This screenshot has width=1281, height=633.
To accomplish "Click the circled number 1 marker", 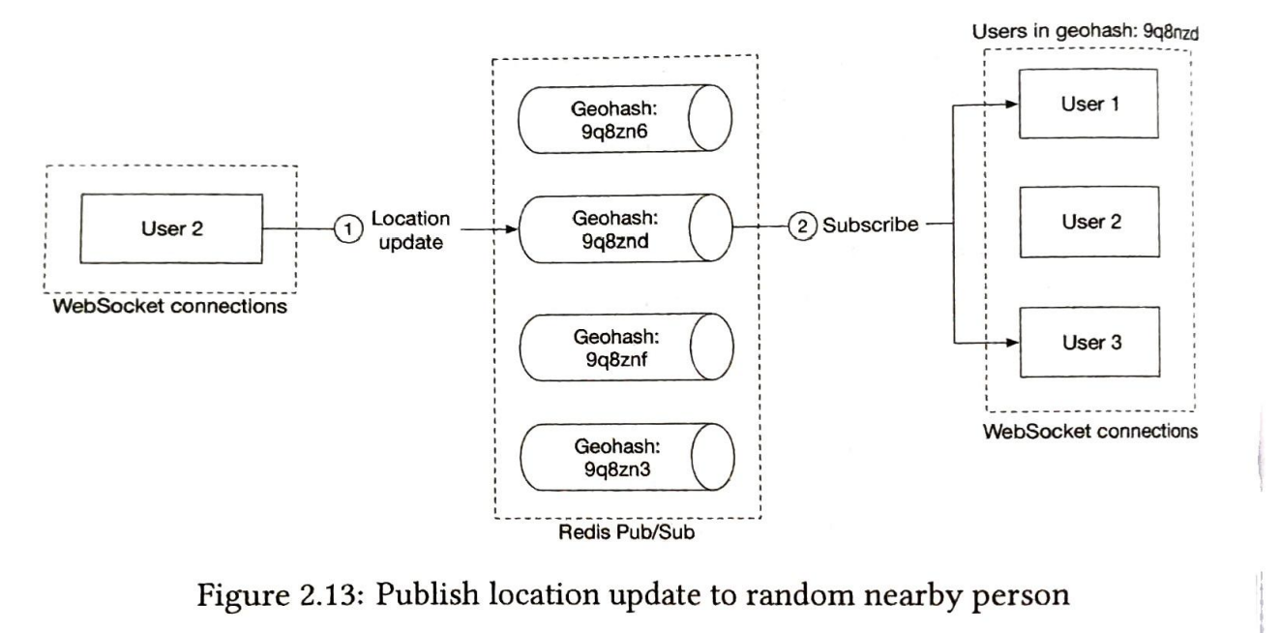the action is coord(348,229).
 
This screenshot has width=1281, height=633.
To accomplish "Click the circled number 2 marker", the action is coord(802,226).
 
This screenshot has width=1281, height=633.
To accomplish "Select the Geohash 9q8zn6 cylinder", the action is coord(625,119).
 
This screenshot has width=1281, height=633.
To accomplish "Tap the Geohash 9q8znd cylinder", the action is coord(626,229).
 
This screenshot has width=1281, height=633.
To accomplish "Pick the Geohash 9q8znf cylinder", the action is coord(627,347).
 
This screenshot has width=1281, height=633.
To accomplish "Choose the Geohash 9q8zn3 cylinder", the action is coord(627,457).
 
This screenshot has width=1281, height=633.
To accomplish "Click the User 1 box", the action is coord(1088,104).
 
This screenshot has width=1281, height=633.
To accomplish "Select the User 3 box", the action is coord(1090,343).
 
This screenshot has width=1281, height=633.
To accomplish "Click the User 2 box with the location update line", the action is coord(171,229).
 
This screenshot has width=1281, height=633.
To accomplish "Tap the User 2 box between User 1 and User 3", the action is coord(1090,222).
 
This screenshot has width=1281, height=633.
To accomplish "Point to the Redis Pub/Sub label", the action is coord(626,532).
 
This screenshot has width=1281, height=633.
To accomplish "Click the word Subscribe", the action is coord(871,225).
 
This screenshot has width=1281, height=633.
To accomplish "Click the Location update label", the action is coord(410,230).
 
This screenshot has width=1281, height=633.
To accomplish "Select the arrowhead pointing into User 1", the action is coord(1012,105).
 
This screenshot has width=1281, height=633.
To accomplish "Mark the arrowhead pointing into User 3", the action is coord(1013,343).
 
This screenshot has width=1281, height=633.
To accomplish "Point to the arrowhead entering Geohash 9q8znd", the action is coord(511,229).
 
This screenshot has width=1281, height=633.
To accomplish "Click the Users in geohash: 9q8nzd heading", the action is coord(1086,31).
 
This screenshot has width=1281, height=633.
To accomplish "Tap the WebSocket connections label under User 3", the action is coord(1090,431).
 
